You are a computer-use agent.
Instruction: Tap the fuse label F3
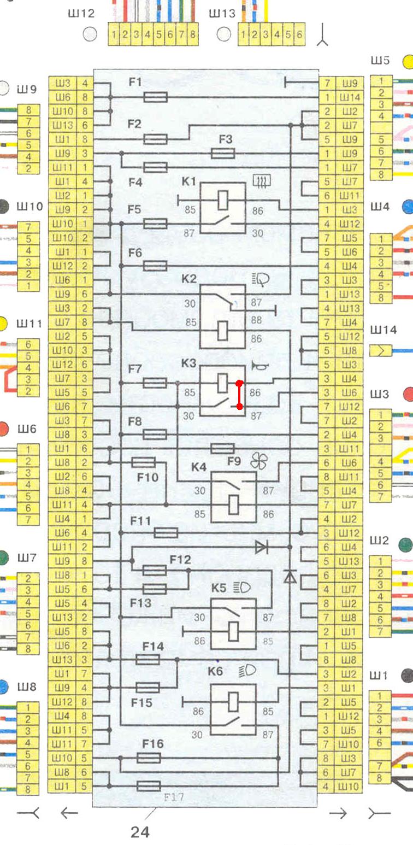coord(226,139)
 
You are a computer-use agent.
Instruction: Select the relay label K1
coord(188,181)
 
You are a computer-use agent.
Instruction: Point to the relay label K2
coord(189,279)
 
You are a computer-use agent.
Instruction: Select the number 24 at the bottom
coord(140,832)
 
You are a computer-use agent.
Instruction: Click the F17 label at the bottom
coord(174,797)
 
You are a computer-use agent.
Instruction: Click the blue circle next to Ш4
coord(408,207)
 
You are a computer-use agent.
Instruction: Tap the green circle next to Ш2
coord(405,544)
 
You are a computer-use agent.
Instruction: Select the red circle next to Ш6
coord(5,429)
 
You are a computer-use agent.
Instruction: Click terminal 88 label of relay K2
coord(256,321)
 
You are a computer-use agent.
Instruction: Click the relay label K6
coord(216,671)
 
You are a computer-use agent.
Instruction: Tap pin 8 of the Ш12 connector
coord(192,35)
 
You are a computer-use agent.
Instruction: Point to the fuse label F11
coord(140,521)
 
